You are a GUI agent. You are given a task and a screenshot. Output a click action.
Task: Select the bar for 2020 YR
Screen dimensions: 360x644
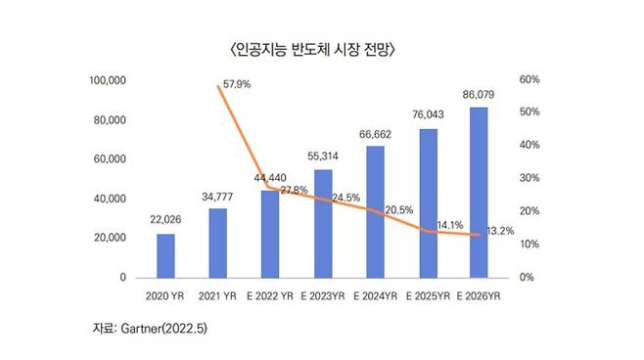[x=165, y=255]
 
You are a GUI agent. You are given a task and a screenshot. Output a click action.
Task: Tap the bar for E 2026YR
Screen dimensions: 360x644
[x=479, y=193]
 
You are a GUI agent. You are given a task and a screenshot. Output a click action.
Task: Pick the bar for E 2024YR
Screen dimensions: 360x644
[x=374, y=211]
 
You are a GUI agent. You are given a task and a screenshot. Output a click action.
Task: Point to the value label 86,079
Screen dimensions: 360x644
[x=479, y=95]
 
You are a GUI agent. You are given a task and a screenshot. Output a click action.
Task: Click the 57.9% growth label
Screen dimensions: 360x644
[x=237, y=85]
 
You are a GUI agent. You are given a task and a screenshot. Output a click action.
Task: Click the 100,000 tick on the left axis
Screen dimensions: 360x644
[x=109, y=79]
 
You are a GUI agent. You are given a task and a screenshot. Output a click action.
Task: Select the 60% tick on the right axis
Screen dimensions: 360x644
[x=530, y=79]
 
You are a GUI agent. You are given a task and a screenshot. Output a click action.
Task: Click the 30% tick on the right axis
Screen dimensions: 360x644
[x=530, y=178]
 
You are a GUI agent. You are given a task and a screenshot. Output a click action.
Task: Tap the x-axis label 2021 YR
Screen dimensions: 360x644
[x=218, y=294]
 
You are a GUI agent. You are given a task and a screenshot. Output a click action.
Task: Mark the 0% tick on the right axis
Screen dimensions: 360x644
[x=528, y=278]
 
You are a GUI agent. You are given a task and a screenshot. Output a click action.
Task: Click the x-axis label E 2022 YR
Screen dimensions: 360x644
[x=269, y=294]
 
